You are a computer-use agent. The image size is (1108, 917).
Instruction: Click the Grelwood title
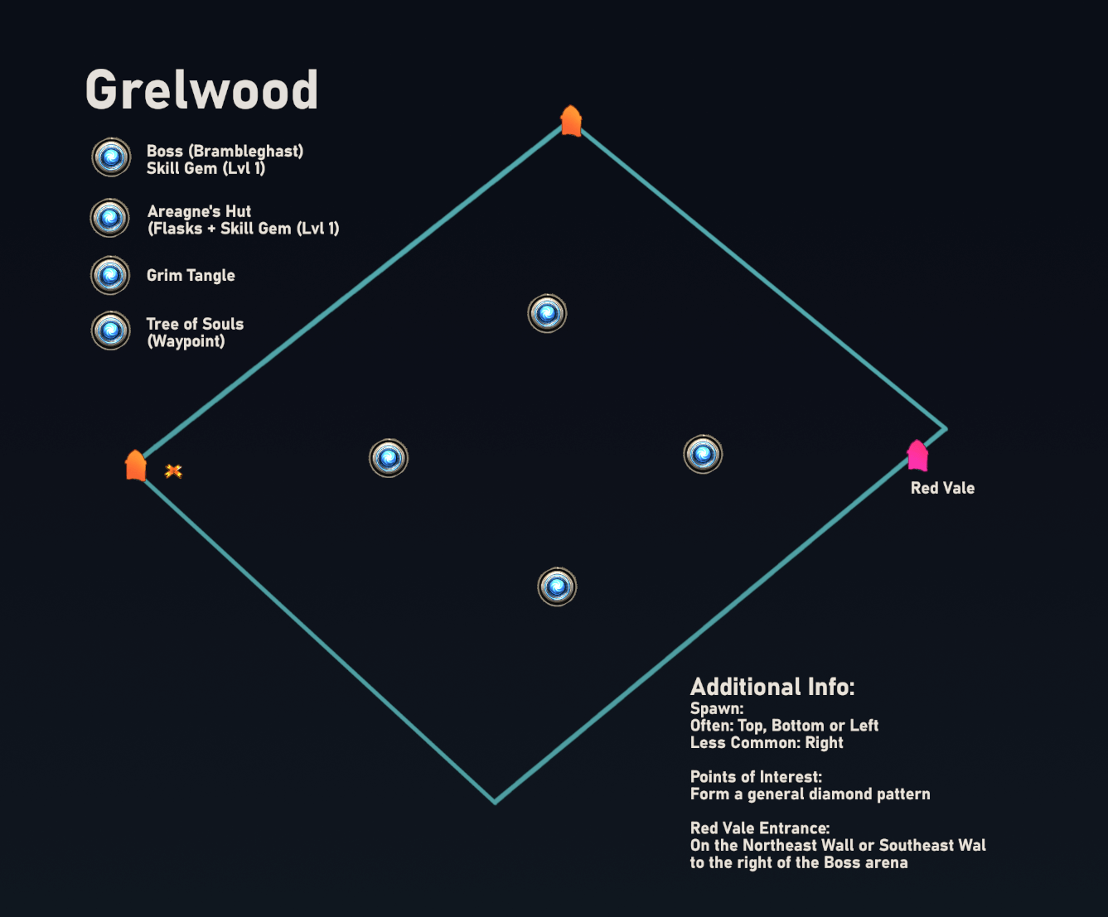(x=202, y=89)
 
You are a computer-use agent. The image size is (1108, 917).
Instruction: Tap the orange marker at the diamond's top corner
(x=571, y=121)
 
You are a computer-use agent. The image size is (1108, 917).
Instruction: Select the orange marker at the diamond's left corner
(x=136, y=466)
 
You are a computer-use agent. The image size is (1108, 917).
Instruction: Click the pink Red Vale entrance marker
(x=917, y=456)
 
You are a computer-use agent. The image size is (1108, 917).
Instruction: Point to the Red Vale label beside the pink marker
(x=942, y=488)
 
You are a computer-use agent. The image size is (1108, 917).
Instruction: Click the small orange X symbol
(x=173, y=471)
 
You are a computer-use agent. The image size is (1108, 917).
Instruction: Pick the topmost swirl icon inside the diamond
(x=547, y=314)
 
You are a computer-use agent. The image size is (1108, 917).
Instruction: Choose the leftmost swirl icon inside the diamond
(x=389, y=458)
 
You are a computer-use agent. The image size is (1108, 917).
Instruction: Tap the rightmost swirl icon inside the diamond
(x=703, y=455)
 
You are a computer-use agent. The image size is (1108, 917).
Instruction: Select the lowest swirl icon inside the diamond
(x=557, y=587)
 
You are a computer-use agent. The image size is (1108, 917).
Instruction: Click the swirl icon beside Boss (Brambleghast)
(x=111, y=157)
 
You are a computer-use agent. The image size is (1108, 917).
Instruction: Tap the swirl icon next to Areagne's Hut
(x=110, y=218)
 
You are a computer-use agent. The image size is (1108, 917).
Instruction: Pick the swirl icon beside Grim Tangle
(x=110, y=276)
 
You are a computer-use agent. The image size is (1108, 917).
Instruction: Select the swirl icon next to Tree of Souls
(x=111, y=331)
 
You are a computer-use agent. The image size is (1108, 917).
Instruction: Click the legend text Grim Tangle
(x=191, y=275)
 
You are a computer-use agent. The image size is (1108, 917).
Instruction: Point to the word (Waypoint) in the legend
(x=186, y=341)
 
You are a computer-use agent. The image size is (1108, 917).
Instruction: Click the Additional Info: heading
(x=772, y=687)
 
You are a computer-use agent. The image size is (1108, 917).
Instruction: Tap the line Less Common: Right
(x=767, y=742)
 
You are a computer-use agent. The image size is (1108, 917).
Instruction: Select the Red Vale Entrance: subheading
(x=760, y=828)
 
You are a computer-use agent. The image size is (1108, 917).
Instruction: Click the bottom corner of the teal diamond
(x=495, y=801)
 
